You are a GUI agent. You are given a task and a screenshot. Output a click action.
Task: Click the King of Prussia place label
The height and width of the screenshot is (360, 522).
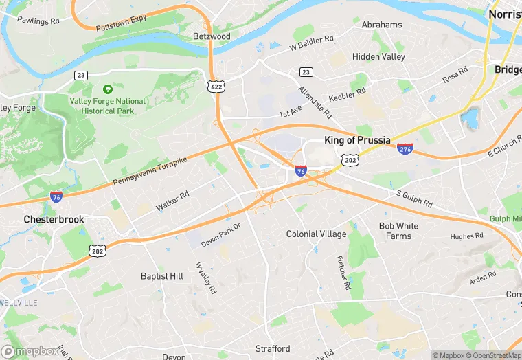point(357,140)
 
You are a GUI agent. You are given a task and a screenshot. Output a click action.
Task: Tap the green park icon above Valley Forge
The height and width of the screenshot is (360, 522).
point(107,89)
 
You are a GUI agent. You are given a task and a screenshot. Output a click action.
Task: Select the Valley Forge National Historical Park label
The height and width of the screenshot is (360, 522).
point(108,106)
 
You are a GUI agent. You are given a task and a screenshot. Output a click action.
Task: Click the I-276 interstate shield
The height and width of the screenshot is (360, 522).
point(405,148)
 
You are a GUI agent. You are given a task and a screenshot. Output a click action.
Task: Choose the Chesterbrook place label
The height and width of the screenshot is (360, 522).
point(54,219)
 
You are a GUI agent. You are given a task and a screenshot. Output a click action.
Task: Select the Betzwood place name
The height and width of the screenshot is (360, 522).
point(212,36)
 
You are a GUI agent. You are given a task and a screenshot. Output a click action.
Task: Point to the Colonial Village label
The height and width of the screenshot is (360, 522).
point(316,234)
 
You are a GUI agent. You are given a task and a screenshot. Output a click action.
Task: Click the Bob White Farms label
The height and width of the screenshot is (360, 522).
point(398,231)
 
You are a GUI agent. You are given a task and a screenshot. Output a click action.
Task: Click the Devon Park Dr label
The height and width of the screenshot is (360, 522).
point(221,235)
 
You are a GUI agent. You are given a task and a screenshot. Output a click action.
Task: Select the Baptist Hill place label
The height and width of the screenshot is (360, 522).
point(161,276)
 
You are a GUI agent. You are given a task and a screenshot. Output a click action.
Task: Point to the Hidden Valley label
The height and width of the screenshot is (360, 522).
point(378,57)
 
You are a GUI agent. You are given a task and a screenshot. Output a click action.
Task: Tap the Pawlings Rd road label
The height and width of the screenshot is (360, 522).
point(40,21)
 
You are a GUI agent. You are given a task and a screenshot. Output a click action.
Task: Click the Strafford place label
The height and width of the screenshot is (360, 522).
point(273,348)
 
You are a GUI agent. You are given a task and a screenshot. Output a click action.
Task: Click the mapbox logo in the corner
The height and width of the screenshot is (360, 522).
point(30,351)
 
